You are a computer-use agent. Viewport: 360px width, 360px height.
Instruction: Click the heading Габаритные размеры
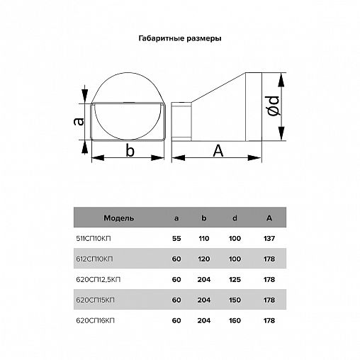tap(180, 38)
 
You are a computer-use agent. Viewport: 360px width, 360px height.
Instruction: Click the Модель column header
tap(119, 218)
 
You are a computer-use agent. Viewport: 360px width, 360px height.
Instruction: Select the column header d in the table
tap(235, 218)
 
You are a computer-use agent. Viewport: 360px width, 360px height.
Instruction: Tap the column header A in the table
tap(269, 218)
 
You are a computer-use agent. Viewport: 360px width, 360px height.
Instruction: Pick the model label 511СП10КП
tap(94, 239)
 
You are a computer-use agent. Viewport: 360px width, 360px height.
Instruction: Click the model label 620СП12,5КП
tap(99, 280)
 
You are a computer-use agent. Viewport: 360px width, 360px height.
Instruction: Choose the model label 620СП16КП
tap(95, 320)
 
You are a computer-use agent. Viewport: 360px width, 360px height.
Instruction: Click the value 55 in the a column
tap(176, 239)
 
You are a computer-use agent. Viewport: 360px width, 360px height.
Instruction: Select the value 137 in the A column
tap(269, 239)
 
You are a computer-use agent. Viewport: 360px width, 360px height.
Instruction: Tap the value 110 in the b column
tap(204, 239)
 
